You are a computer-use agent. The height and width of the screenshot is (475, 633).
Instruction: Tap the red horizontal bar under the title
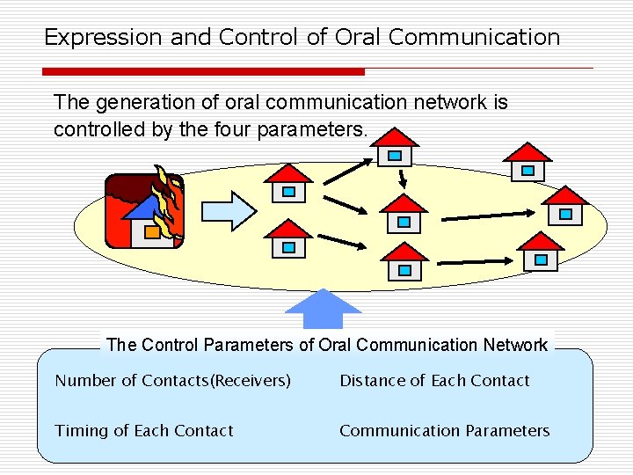tap(203, 71)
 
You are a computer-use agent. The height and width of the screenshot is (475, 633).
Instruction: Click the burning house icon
tap(143, 212)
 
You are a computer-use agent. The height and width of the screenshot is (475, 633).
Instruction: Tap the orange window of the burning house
tap(152, 232)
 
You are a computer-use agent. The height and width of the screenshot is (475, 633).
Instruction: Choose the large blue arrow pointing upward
tap(324, 309)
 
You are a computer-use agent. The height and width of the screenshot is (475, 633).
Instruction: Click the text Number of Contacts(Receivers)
tap(172, 381)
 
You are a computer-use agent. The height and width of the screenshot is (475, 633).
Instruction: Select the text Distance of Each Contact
tap(434, 381)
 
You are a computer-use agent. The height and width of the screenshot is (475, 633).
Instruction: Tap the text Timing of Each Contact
tap(144, 431)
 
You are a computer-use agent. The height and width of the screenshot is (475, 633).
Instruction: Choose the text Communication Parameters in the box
tap(444, 431)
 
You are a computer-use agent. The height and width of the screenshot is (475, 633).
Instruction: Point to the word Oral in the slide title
tap(354, 37)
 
